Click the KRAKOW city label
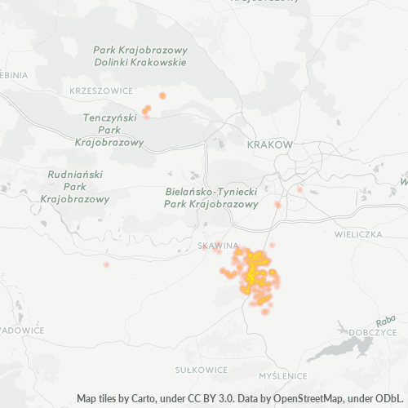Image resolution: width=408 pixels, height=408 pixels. coord(268,144)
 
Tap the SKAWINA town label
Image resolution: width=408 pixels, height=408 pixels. coord(218,245)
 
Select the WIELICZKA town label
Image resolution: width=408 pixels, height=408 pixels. coord(358,234)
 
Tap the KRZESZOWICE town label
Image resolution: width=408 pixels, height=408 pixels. coord(101,91)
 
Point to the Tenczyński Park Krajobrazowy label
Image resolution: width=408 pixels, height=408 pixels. coord(109,130)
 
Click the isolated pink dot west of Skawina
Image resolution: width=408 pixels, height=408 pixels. coord(106,264)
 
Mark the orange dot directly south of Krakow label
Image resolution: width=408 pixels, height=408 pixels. coord(277,204)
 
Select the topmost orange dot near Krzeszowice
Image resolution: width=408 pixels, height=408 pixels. coord(162,95)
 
